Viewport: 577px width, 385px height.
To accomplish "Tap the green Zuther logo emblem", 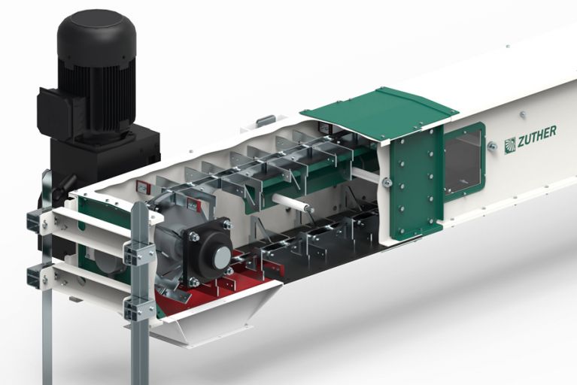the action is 509,145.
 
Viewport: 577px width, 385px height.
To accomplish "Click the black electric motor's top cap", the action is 97,28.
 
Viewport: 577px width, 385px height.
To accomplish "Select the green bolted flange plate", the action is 415,184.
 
